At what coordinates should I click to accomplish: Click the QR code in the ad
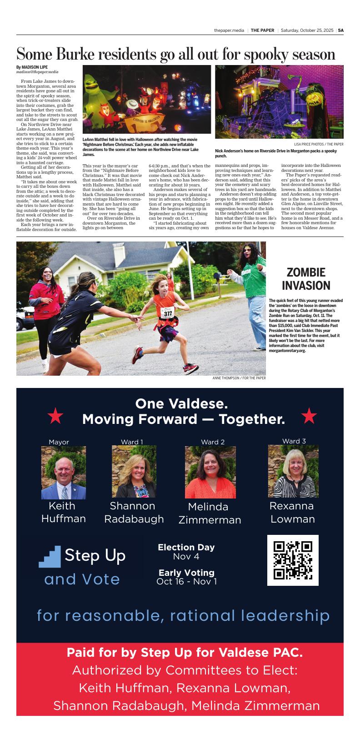[x=293, y=560]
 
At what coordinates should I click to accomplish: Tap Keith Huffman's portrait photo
[x=64, y=473]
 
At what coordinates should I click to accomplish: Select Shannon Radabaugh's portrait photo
[x=134, y=471]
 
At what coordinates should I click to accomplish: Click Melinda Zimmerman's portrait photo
[x=210, y=472]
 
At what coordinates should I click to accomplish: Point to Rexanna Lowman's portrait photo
[x=293, y=471]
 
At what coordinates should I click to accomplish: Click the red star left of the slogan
[x=55, y=416]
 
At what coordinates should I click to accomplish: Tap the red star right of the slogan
[x=309, y=416]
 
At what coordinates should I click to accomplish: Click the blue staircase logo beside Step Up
[x=50, y=557]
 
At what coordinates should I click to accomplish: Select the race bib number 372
[x=168, y=313]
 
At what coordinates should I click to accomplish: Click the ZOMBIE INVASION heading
[x=306, y=279]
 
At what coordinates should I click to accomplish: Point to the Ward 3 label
[x=294, y=441]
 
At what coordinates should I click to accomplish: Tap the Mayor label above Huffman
[x=59, y=442]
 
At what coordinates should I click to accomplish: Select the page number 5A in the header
[x=340, y=30]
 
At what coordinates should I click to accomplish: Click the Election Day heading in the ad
[x=186, y=547]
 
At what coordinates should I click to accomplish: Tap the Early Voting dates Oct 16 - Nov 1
[x=186, y=581]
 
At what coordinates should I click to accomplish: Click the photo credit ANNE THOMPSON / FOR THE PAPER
[x=239, y=378]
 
